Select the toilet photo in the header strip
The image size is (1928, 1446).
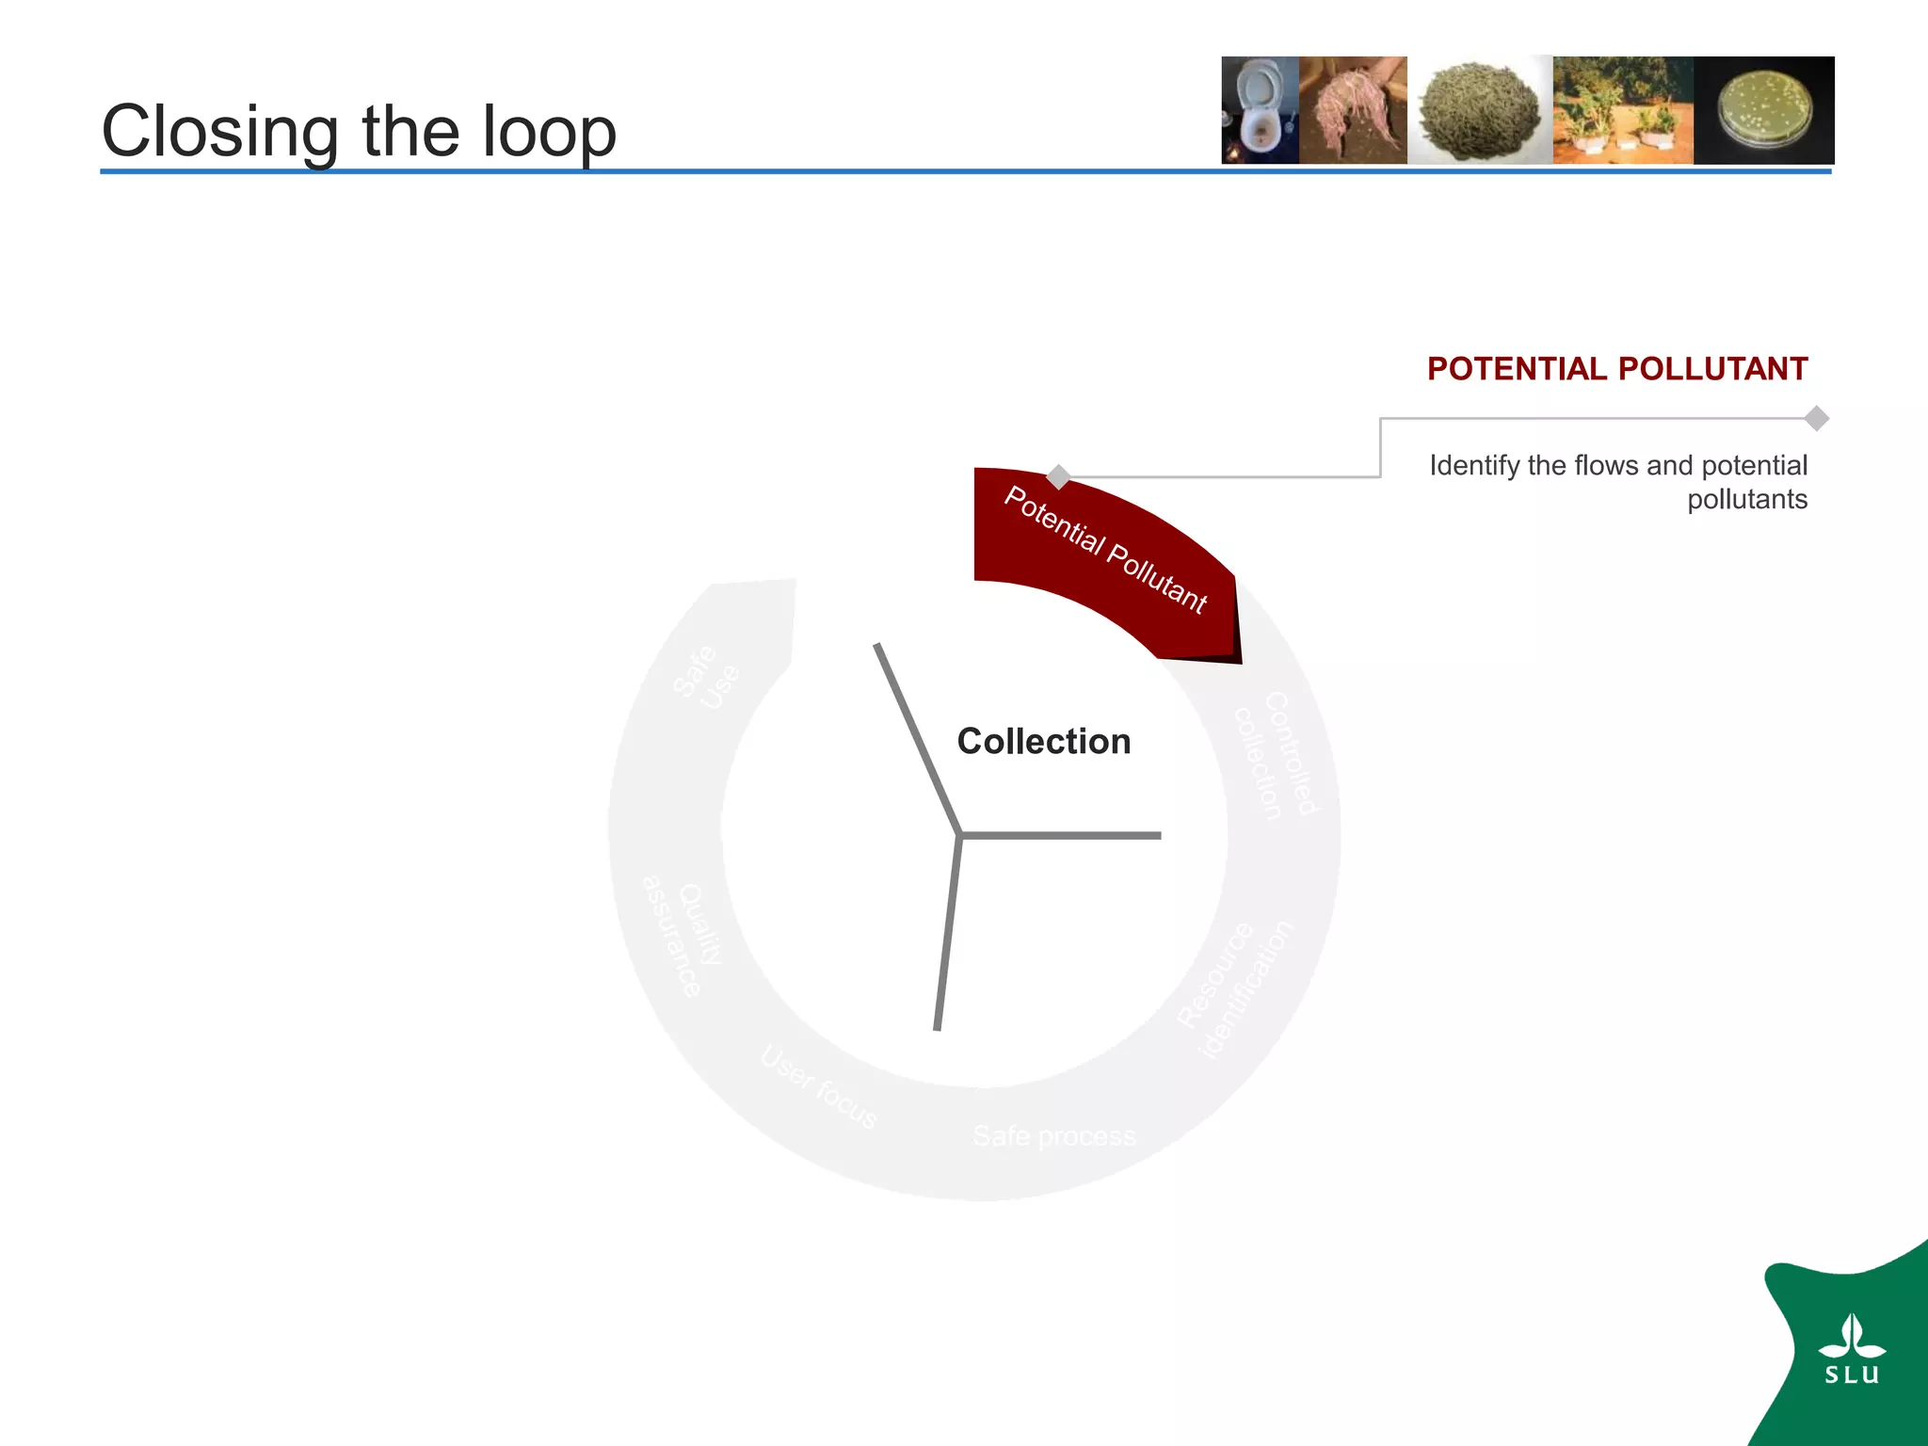point(1260,110)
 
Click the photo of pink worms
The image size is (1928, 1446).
point(1353,110)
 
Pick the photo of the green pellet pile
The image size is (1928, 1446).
point(1479,110)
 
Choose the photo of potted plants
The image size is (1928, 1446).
point(1622,110)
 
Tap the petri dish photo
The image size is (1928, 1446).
point(1763,110)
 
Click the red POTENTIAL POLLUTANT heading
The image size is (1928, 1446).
point(1616,369)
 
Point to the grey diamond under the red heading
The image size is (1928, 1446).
point(1817,418)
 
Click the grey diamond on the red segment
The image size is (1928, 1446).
point(1058,477)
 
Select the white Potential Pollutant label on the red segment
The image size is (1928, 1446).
point(1105,550)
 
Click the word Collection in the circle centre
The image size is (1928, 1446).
point(1043,742)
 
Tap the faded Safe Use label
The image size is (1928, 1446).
point(707,677)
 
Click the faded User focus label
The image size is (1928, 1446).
point(819,1086)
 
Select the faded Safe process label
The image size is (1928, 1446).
point(1054,1136)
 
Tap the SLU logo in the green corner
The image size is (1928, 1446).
point(1852,1351)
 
